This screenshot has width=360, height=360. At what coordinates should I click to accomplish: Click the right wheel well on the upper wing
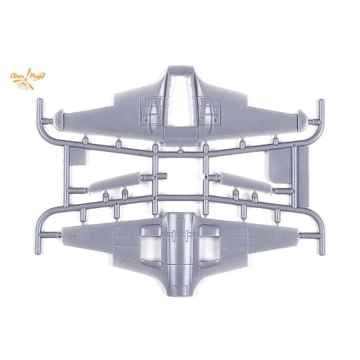click(x=209, y=111)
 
